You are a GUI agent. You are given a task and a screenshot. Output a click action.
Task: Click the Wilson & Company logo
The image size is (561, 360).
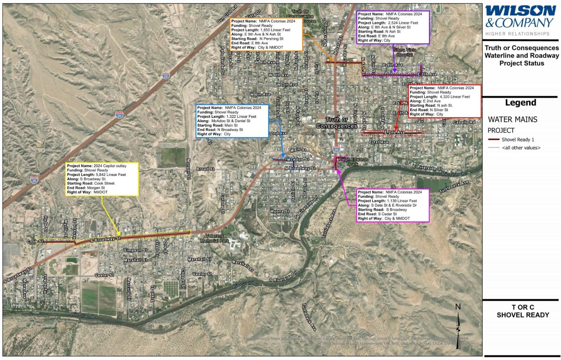521,17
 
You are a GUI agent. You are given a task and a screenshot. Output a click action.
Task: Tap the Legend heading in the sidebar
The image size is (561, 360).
521,103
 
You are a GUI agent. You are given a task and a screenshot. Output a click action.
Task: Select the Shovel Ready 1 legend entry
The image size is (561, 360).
518,140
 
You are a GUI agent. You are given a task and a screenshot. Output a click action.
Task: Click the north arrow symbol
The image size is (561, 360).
458,326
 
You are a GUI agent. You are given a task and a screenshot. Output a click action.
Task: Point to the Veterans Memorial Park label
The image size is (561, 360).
214,238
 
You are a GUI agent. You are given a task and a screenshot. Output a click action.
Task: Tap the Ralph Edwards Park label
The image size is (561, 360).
353,162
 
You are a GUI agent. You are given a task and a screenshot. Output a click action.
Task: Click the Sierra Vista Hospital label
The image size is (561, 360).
405,52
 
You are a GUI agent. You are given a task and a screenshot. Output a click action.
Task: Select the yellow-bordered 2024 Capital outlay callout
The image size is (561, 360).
102,179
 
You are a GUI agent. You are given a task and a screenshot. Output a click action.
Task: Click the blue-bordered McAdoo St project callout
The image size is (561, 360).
232,121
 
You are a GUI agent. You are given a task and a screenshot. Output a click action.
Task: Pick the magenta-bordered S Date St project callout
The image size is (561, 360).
392,205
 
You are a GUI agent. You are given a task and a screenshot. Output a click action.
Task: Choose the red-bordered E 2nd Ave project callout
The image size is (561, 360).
444,101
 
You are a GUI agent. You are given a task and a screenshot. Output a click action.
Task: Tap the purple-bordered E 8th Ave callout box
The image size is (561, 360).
393,27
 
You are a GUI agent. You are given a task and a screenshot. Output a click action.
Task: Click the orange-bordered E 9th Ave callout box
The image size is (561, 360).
266,34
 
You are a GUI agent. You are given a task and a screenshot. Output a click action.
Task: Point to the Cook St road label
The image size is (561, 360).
35,242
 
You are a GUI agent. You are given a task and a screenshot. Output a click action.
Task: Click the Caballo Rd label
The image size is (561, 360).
464,122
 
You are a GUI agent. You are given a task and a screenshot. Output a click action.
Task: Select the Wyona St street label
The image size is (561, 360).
279,211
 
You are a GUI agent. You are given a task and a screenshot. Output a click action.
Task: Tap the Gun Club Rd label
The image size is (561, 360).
227,14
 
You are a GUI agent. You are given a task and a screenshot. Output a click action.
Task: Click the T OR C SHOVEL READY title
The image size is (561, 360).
522,311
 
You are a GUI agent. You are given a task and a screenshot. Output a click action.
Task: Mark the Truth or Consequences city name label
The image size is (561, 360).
337,123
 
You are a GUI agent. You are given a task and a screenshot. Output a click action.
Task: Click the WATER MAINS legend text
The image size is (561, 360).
512,119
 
